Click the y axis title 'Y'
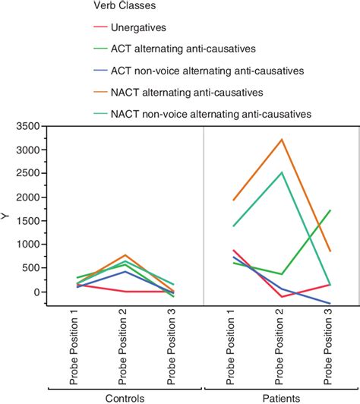tap(5, 216)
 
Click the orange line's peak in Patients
tap(282, 140)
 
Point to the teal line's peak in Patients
tap(282, 172)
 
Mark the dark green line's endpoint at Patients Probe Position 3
tap(330, 210)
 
